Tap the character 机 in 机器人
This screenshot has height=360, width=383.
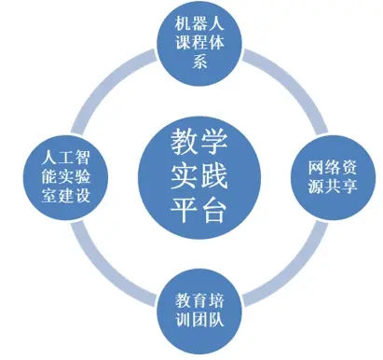[183, 23]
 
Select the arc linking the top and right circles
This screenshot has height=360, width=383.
[292, 84]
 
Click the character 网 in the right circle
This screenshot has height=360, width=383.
[316, 168]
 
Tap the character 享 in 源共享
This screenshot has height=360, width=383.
[349, 186]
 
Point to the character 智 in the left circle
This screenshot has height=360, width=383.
[82, 158]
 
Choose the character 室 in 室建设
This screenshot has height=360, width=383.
[49, 195]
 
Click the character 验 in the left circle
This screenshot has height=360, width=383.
[82, 176]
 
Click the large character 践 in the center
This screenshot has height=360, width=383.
[214, 176]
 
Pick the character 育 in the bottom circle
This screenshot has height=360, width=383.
[199, 300]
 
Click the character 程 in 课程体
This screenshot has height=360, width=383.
[199, 42]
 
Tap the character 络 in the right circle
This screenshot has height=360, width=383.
[333, 168]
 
